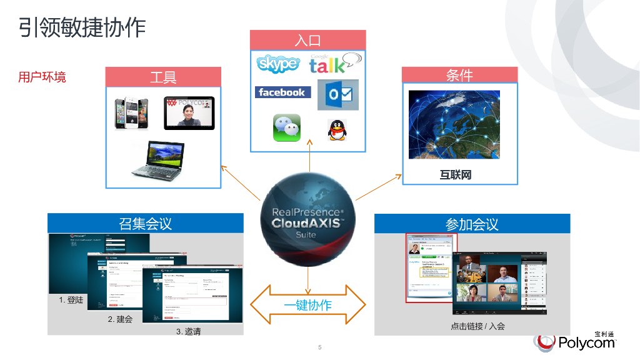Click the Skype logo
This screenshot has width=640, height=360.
click(x=278, y=64)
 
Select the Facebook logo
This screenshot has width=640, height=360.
click(x=282, y=92)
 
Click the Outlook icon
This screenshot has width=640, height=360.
click(x=338, y=95)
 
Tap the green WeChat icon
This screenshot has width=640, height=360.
click(x=287, y=127)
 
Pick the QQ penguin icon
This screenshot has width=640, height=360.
click(x=337, y=129)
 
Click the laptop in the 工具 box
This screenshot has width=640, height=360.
click(x=157, y=159)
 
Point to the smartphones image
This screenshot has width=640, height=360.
click(x=132, y=112)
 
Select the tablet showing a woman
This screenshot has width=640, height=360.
click(x=189, y=112)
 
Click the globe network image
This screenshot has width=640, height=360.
click(x=454, y=124)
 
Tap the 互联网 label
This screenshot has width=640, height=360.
click(x=456, y=175)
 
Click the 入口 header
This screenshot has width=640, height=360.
click(x=307, y=41)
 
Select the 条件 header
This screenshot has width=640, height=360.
click(x=459, y=75)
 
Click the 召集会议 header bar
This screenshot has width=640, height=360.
click(x=145, y=223)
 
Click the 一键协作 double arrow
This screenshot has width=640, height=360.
click(x=307, y=305)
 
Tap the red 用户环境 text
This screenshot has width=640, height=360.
click(x=42, y=77)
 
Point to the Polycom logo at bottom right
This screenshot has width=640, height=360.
click(x=575, y=341)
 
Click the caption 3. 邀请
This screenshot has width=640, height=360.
click(x=188, y=331)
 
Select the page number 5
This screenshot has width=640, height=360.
click(x=319, y=347)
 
